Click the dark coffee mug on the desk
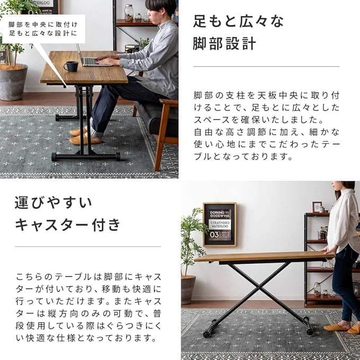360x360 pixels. coord(71,66)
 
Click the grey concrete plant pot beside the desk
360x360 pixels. coord(13,82)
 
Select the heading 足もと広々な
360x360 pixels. coord(238,22)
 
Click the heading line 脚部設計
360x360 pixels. coord(224,43)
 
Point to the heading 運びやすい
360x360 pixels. coord(53,203)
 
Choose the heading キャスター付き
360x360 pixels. coord(67,224)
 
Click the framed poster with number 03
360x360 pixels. coord(219,225)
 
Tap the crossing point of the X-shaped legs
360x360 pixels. coord(259,287)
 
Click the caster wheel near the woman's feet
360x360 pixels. coord(309,331)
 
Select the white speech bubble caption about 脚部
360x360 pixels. coord(43,29)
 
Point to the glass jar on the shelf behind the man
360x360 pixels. coord(129,13)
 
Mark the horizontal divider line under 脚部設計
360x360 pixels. coord(266,67)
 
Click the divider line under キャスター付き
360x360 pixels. coord(88,247)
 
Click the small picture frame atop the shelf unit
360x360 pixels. coord(317,207)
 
